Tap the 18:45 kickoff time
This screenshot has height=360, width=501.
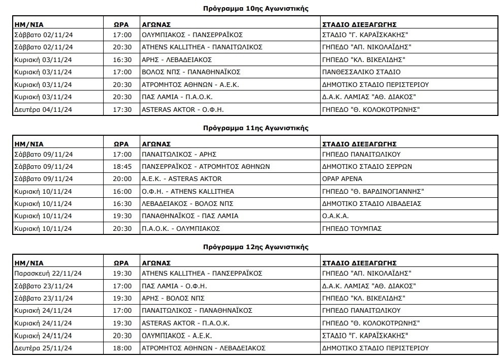[x=122, y=167]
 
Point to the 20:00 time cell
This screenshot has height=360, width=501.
[x=122, y=179]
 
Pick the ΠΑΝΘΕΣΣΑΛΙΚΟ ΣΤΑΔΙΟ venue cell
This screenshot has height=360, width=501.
[x=361, y=72]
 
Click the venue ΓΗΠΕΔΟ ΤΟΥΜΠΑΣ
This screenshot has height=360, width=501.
[x=352, y=229]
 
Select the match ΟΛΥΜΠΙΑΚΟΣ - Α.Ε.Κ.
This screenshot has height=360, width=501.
[x=177, y=336]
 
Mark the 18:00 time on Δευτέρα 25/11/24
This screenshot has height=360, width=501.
[x=122, y=348]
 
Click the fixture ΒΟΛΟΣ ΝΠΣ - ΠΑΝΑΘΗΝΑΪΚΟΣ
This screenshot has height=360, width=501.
[x=191, y=72]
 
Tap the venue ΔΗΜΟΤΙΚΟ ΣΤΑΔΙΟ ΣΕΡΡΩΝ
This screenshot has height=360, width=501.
[x=367, y=167]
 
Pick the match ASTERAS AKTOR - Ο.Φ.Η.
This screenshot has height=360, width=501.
[x=183, y=109]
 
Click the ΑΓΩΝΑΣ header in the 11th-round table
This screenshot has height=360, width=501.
[x=156, y=144]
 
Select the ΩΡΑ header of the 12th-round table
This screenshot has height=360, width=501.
[x=121, y=263]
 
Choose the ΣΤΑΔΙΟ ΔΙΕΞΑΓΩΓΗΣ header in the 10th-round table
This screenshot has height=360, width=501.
[x=360, y=24]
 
